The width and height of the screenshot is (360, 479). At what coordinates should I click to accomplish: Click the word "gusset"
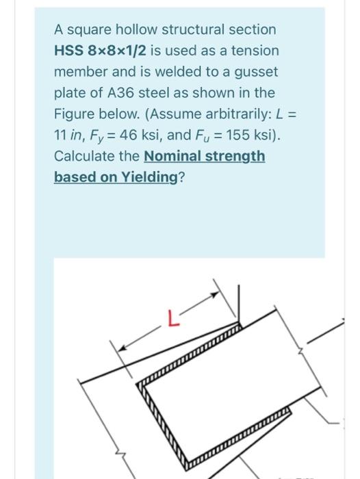[255, 72]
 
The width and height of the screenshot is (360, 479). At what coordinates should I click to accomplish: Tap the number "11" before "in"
[61, 135]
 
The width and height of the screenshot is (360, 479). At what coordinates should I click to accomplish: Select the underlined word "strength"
[237, 156]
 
